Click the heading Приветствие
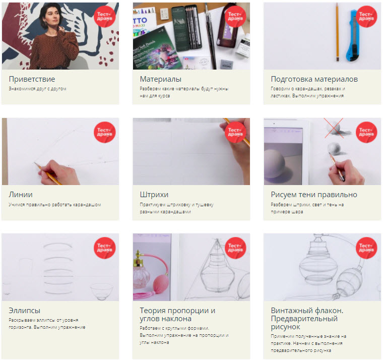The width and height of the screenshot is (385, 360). [32, 79]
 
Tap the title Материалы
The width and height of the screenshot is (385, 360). [161, 79]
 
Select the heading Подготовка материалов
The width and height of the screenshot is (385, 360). [314, 79]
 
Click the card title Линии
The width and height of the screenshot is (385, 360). [21, 195]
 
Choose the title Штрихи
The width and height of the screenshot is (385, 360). [154, 195]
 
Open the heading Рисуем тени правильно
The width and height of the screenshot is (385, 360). [314, 195]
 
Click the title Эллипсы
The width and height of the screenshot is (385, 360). [25, 311]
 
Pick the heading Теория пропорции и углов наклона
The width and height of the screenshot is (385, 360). [177, 315]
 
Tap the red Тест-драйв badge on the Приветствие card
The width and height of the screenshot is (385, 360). [105, 17]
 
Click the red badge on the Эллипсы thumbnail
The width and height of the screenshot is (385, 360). [105, 248]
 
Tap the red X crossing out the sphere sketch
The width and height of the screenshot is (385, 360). [334, 128]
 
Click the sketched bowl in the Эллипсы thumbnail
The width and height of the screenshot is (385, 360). [101, 291]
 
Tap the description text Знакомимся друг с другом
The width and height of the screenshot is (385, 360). [38, 89]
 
